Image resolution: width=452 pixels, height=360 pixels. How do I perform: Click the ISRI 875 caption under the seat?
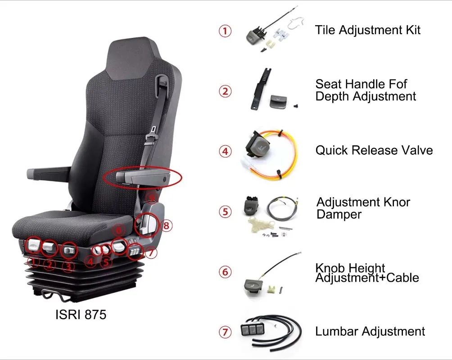pyautogui.click(x=81, y=314)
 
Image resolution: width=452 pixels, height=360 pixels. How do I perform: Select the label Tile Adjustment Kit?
pyautogui.click(x=368, y=30)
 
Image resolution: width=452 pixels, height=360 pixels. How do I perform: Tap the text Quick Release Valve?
pyautogui.click(x=374, y=150)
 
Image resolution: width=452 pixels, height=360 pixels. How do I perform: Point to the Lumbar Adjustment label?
pyautogui.click(x=370, y=332)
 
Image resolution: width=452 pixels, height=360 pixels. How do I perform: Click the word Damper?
pyautogui.click(x=339, y=214)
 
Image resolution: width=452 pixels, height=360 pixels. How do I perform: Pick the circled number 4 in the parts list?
pyautogui.click(x=225, y=151)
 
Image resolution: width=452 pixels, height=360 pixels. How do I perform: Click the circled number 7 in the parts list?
pyautogui.click(x=225, y=333)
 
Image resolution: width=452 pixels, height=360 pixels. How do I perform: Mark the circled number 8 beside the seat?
pyautogui.click(x=167, y=225)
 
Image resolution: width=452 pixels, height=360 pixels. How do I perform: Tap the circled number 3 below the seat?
pyautogui.click(x=68, y=266)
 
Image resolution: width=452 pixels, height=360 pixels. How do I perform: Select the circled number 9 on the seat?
pyautogui.click(x=152, y=197)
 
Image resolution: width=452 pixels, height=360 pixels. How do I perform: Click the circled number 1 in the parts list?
pyautogui.click(x=225, y=31)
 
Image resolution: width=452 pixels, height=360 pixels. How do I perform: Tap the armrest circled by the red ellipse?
pyautogui.click(x=142, y=177)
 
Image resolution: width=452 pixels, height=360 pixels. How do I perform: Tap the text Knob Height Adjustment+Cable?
pyautogui.click(x=367, y=273)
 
